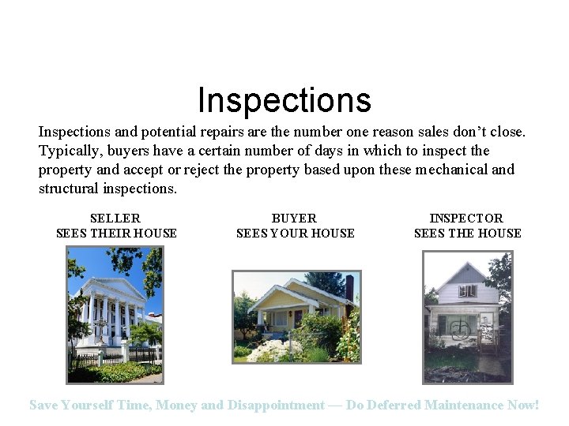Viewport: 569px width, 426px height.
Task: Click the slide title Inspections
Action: (284, 100)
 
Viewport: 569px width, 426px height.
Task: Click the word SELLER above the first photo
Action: (115, 219)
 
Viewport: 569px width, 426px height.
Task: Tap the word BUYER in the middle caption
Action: (294, 219)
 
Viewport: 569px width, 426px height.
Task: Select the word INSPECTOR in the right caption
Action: (466, 219)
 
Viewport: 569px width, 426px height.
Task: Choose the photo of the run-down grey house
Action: (468, 316)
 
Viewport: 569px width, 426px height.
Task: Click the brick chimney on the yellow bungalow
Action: (349, 287)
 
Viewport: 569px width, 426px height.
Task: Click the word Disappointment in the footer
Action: (276, 405)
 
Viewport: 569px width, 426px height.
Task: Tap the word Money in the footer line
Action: (177, 405)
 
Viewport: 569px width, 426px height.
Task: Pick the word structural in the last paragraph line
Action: (69, 189)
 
